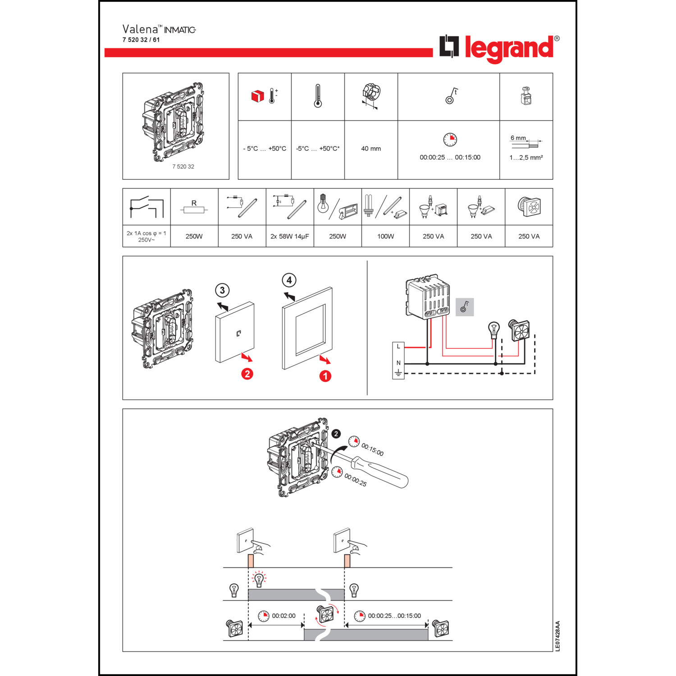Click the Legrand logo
(x=499, y=48)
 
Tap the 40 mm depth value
(x=371, y=149)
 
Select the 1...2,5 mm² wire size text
(x=526, y=158)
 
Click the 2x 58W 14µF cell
(x=289, y=237)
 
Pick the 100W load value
(x=385, y=237)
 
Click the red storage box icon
(x=257, y=96)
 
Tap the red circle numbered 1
(x=325, y=376)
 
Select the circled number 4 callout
(x=289, y=280)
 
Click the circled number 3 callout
(x=222, y=290)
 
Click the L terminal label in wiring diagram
(x=398, y=347)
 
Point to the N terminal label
(x=398, y=363)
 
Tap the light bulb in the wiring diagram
(x=494, y=329)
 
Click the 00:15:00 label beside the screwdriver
(x=372, y=450)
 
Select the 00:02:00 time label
(x=283, y=616)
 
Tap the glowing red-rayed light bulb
(x=259, y=579)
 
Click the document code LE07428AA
(x=557, y=636)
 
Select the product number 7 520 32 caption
(x=183, y=167)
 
